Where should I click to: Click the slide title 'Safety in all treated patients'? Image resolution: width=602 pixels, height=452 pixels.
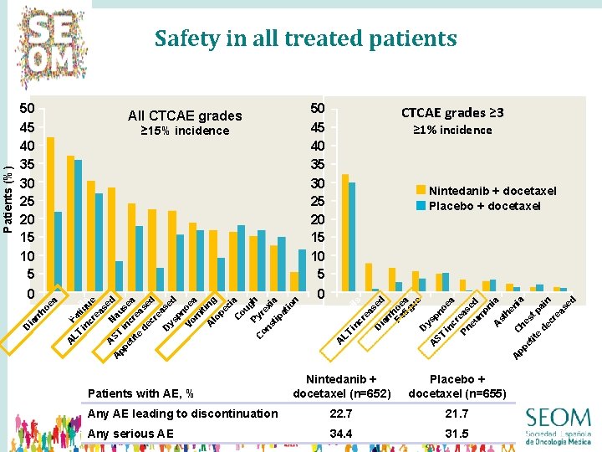coord(305,39)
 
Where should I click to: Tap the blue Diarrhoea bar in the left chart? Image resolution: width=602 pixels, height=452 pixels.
coord(59,251)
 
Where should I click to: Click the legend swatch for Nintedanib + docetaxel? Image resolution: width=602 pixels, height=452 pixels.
coord(421,191)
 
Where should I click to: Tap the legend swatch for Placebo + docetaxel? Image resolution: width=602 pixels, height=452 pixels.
coord(421,205)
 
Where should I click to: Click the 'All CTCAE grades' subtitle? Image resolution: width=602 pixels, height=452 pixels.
coord(185,116)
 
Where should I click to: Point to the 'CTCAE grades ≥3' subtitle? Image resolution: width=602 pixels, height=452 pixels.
coord(452,113)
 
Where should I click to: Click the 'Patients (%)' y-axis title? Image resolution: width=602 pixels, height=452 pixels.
coord(8,197)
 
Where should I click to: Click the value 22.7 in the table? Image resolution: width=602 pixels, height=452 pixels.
coord(341,413)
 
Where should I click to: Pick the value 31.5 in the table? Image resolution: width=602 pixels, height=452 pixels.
coord(457,434)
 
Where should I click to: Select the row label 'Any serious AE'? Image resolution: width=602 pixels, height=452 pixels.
coord(131,434)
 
